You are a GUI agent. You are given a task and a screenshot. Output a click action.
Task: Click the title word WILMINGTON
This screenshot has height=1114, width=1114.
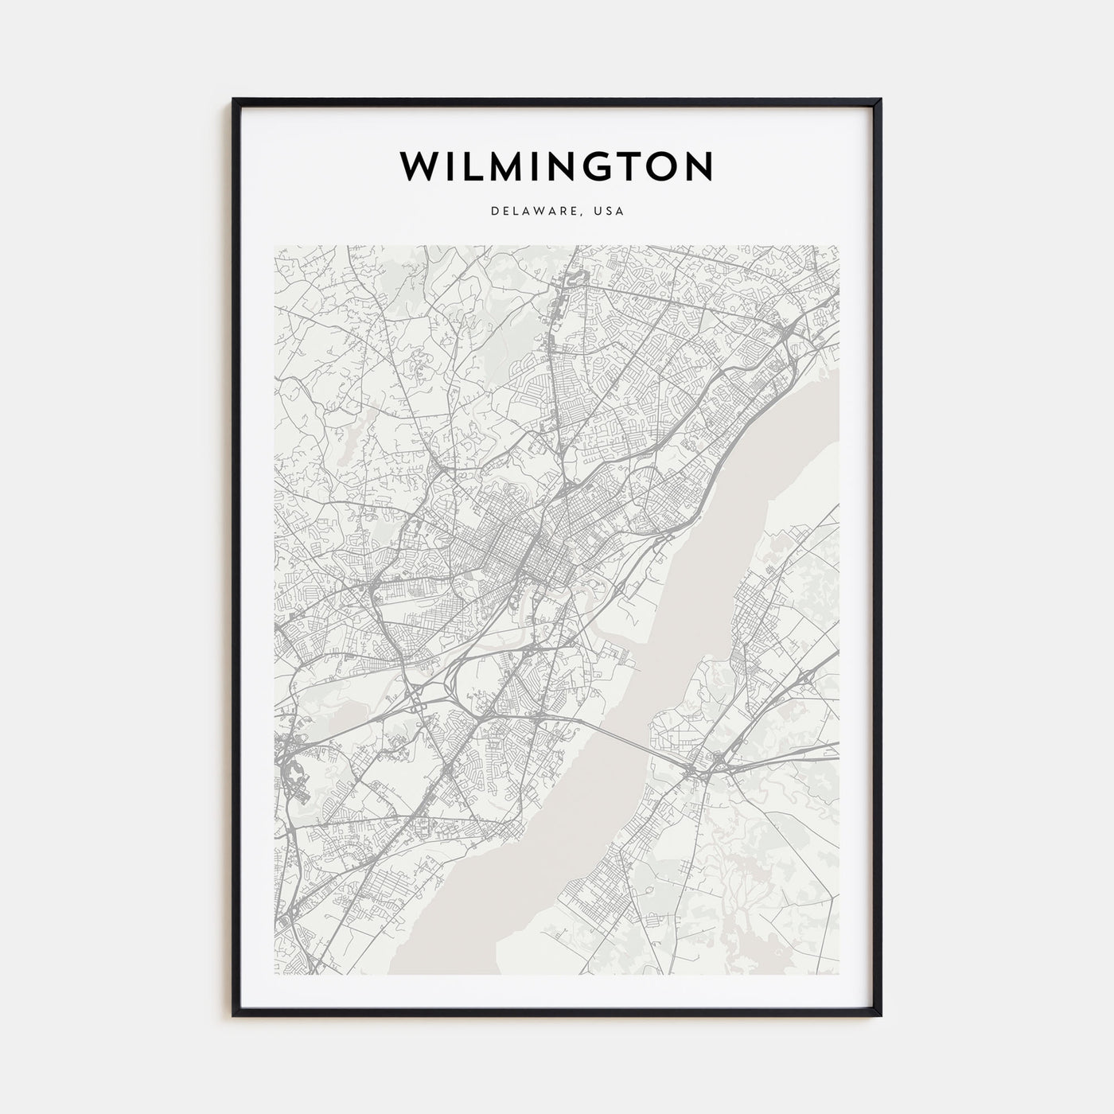[556, 166]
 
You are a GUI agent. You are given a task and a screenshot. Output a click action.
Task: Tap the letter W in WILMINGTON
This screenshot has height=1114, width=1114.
[419, 166]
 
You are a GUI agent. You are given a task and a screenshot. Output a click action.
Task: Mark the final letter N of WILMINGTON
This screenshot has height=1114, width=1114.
[698, 166]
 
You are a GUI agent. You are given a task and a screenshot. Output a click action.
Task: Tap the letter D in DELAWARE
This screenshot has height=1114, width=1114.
[495, 212]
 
